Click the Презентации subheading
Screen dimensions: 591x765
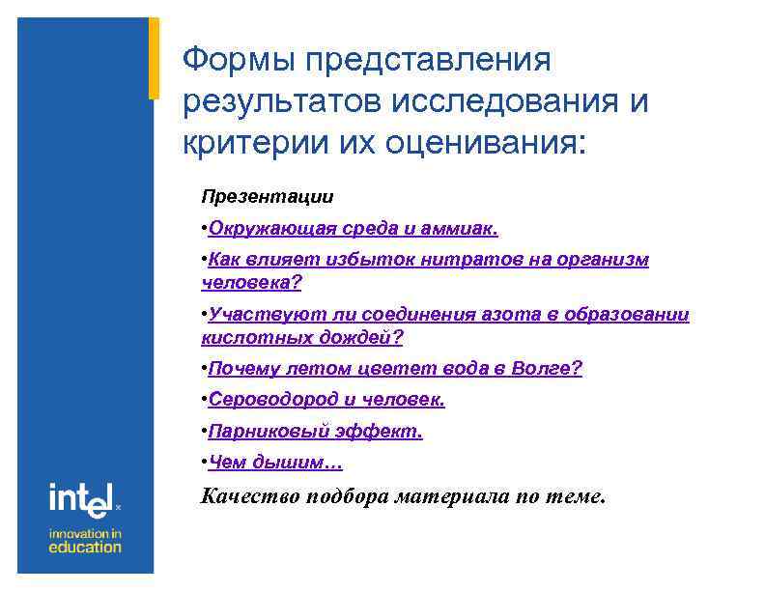pos(268,197)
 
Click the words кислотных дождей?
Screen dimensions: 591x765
pos(301,337)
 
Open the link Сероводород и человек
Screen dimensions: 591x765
pos(326,400)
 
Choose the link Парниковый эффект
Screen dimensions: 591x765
pos(315,432)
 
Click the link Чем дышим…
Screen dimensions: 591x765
pos(275,463)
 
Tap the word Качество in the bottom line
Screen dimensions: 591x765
pos(248,497)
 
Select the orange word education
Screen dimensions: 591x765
pos(86,547)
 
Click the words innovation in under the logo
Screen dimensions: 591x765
pos(86,532)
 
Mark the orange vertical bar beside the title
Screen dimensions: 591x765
pos(154,58)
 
